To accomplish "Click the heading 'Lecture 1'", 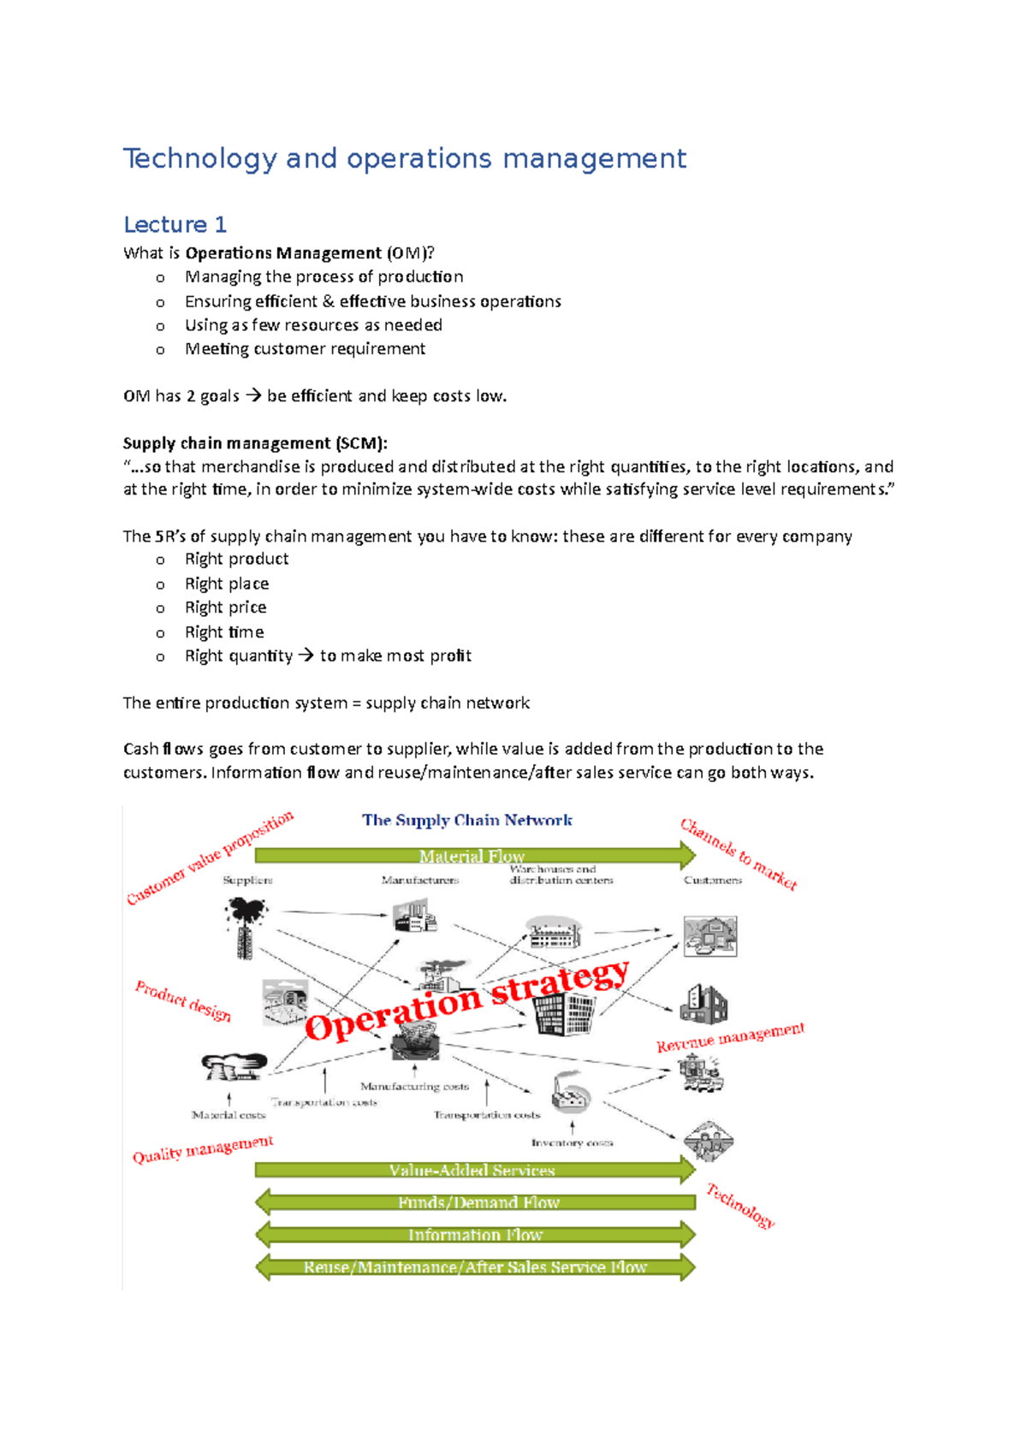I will [175, 225].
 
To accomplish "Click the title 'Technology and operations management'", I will [404, 159].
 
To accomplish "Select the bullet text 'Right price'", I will [226, 608].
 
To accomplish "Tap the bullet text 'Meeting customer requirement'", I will [305, 349].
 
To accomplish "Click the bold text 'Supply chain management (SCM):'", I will [255, 443].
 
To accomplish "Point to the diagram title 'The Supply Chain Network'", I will [466, 821].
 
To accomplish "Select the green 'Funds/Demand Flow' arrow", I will [476, 1202].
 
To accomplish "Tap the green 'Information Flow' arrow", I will [476, 1235].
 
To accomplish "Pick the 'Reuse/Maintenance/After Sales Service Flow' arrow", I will [476, 1267].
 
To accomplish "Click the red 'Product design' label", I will [183, 1001].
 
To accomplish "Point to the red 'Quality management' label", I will [202, 1149].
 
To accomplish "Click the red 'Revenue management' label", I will [730, 1037].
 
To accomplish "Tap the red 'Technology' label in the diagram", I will [740, 1206].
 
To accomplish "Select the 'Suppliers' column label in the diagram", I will [247, 881].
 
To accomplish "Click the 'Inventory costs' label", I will [572, 1143].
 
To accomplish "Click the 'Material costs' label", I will [229, 1115].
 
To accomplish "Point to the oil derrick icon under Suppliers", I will [246, 927].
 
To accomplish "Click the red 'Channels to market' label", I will [739, 854].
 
